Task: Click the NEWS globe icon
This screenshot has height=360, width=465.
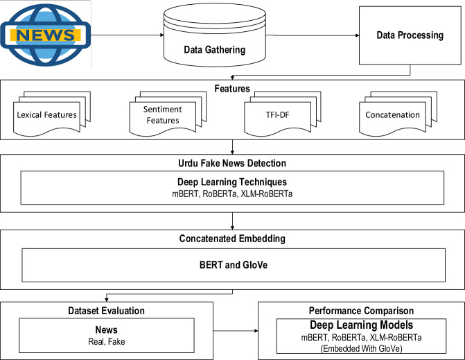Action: [46, 35]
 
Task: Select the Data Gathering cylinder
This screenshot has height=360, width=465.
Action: [215, 35]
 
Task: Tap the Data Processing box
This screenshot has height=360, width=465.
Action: [410, 35]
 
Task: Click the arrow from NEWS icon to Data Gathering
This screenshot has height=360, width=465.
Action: [128, 35]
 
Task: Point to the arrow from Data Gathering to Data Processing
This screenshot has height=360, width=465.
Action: [313, 35]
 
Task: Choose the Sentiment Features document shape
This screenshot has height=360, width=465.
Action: [168, 114]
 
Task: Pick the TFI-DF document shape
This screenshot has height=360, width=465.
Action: [283, 114]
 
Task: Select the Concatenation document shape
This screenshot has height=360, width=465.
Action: [398, 114]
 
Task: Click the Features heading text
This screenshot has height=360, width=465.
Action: [232, 89]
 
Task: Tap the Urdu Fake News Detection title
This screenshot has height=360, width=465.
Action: [232, 163]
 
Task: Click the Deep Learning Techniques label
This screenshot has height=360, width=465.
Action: [232, 182]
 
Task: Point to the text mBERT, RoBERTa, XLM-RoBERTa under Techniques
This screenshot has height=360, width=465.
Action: [232, 194]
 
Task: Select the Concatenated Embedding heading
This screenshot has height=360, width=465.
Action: [232, 239]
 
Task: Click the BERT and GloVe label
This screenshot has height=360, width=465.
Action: [234, 265]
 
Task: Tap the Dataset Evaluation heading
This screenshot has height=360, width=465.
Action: [107, 311]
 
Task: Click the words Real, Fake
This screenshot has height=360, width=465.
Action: [107, 341]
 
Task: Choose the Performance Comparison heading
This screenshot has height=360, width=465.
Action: [361, 311]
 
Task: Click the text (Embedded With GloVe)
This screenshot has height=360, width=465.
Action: [361, 348]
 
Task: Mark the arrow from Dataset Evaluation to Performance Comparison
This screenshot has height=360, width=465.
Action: [236, 331]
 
